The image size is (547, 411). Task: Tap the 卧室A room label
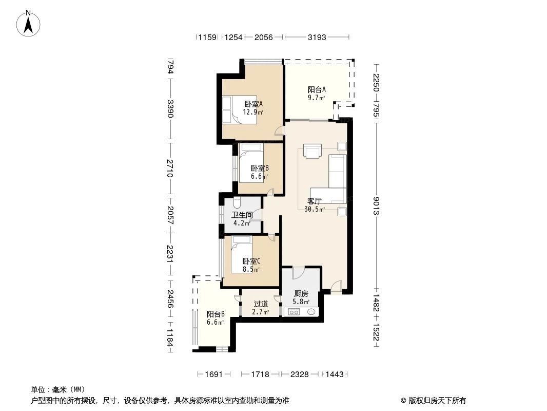tap(253, 107)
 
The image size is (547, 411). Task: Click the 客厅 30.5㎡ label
tap(315, 205)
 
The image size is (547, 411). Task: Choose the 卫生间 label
tap(242, 219)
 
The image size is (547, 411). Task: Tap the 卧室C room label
tap(251, 265)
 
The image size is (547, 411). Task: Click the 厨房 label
tap(301, 297)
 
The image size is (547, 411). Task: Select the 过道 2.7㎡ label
tap(261, 307)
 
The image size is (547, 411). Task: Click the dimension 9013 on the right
tap(377, 206)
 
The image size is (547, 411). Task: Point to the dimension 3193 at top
tap(317, 38)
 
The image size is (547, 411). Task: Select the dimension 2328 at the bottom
tap(300, 375)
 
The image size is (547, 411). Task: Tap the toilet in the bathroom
tap(237, 202)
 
